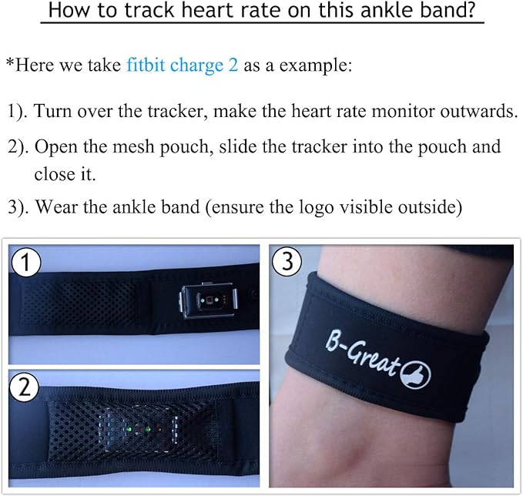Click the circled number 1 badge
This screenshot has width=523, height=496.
[26, 262]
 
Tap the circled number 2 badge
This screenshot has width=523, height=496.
[24, 387]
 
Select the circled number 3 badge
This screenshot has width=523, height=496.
[287, 261]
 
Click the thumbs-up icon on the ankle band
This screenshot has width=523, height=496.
[415, 375]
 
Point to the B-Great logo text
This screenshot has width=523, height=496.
[363, 354]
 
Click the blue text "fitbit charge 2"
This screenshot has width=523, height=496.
[182, 65]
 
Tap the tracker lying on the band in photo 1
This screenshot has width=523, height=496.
[209, 300]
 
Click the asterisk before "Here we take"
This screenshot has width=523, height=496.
[10, 62]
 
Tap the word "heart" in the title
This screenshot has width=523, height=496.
[203, 10]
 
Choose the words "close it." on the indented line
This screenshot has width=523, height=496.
[65, 174]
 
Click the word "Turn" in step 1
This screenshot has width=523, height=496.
[52, 111]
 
